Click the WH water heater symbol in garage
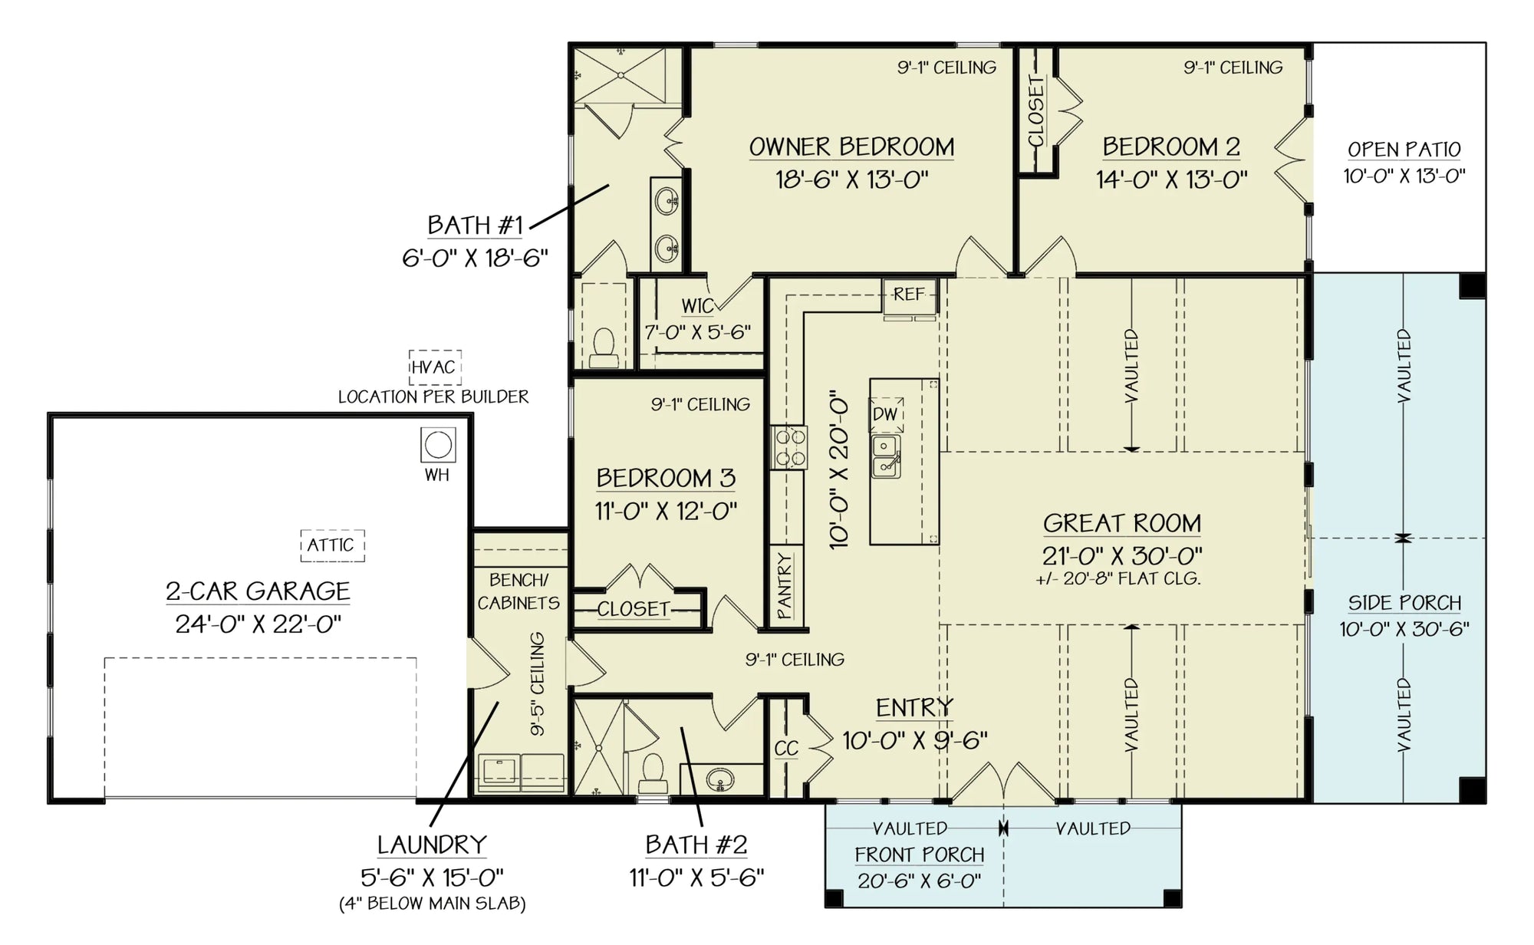click(x=438, y=445)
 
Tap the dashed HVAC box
click(x=434, y=367)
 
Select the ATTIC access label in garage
click(x=331, y=545)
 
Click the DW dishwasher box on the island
click(x=886, y=415)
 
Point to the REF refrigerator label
click(x=909, y=295)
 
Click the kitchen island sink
click(x=886, y=456)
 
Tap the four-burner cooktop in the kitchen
click(x=789, y=448)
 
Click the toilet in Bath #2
click(x=653, y=772)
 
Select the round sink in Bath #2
click(x=719, y=780)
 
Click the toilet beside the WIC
click(x=604, y=347)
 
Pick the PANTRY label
click(x=784, y=586)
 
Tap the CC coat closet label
click(x=786, y=749)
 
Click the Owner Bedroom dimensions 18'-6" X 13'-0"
click(x=851, y=179)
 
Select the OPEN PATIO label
click(x=1404, y=150)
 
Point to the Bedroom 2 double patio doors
click(x=1292, y=160)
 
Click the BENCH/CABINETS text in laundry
click(x=519, y=591)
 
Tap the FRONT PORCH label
click(x=919, y=854)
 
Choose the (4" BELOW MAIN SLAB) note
click(x=433, y=904)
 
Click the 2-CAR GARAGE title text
click(x=258, y=591)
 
